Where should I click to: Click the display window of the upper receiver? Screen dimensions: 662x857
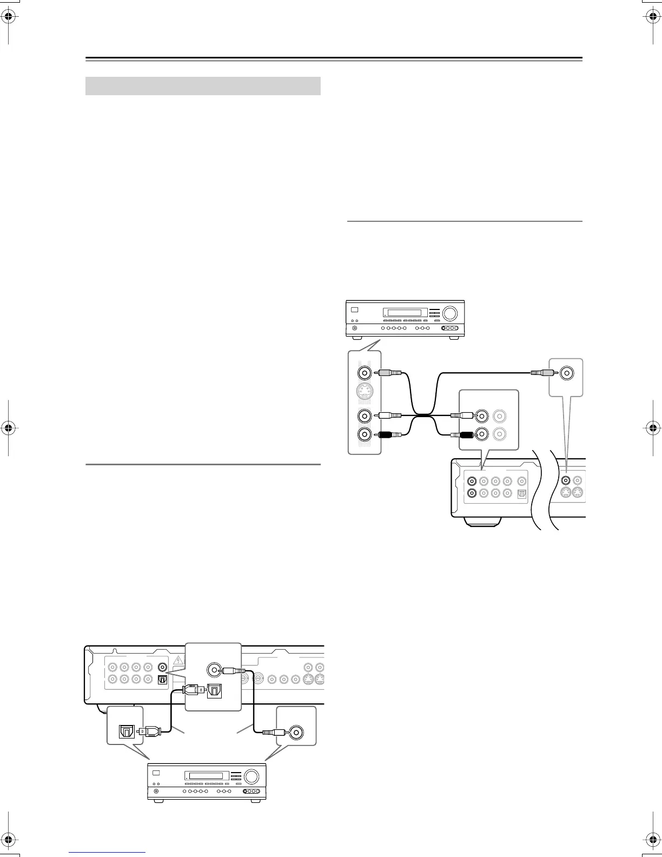pyautogui.click(x=402, y=313)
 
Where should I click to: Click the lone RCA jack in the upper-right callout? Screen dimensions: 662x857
pyautogui.click(x=567, y=373)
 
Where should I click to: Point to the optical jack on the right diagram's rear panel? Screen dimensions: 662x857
pyautogui.click(x=521, y=493)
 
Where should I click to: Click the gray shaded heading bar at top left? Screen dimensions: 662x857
pyautogui.click(x=203, y=86)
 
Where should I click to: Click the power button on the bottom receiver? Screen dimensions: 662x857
pyautogui.click(x=156, y=792)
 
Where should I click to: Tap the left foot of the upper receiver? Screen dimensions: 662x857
pyautogui.click(x=359, y=337)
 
